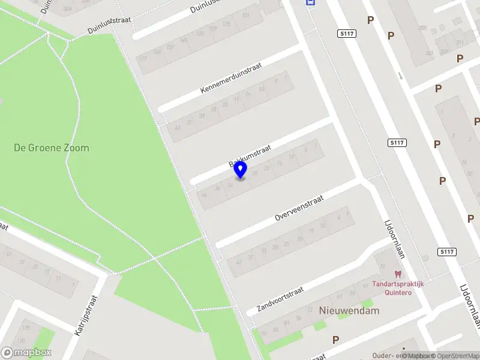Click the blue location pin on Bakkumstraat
pos(241,169)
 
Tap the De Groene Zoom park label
pos(51,148)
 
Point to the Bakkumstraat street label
pos(250,155)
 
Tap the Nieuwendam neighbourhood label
pos(341,311)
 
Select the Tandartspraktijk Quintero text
pos(398,288)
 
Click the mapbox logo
pos(26,353)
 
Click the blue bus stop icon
pos(310,2)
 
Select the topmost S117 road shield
pos(347,34)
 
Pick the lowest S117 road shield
pos(446,252)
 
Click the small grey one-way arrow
pos(400,76)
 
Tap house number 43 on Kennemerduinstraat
pos(177,128)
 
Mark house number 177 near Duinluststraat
pos(143,59)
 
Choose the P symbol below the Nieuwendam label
pos(335,340)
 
